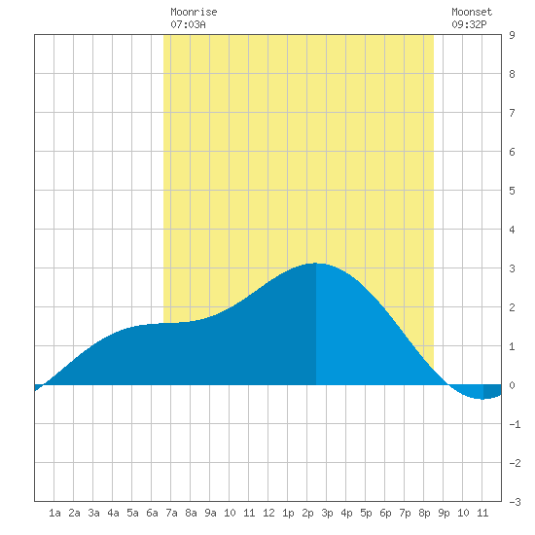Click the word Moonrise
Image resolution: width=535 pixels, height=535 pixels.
click(x=194, y=12)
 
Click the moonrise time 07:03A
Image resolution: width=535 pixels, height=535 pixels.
click(x=188, y=24)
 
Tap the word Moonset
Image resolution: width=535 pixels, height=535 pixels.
click(x=472, y=12)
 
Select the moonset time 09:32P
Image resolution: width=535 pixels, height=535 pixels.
click(x=469, y=24)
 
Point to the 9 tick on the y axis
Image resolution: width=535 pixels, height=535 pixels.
click(x=512, y=35)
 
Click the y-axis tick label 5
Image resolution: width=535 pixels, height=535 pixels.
click(x=512, y=191)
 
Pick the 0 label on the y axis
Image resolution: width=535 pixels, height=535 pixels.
click(x=512, y=385)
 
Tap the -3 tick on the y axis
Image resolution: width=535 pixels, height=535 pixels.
click(x=515, y=502)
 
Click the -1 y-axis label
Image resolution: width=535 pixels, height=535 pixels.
click(x=515, y=424)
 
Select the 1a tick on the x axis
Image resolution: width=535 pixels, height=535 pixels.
click(x=54, y=513)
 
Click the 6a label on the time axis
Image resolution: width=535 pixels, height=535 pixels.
click(x=152, y=513)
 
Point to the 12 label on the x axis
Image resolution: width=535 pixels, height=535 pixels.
click(x=268, y=513)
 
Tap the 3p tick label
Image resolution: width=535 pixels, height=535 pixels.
click(x=327, y=513)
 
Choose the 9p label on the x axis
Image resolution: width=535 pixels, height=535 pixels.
click(x=444, y=513)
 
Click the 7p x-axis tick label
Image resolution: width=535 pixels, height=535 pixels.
click(x=405, y=513)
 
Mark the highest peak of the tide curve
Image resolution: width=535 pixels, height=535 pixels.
click(x=315, y=263)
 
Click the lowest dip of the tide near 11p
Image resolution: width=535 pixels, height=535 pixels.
click(x=482, y=399)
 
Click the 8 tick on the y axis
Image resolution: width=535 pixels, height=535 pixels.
click(x=512, y=74)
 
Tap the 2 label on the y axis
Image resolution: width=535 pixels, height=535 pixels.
click(x=512, y=307)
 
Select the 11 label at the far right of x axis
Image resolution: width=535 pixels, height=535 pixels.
click(x=482, y=513)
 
